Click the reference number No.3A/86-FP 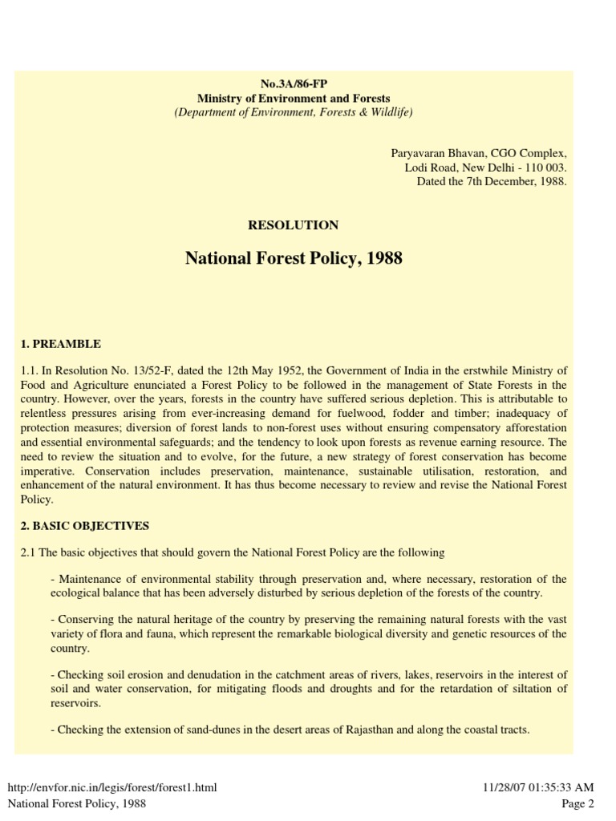[x=294, y=84]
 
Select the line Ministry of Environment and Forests [x=294, y=99]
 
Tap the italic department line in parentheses [x=294, y=112]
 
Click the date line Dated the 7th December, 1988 [x=492, y=181]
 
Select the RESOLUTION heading [x=294, y=225]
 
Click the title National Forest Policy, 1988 [x=294, y=259]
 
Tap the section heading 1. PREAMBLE [x=61, y=344]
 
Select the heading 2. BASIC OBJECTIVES [x=85, y=526]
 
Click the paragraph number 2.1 [x=28, y=552]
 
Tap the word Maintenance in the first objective [x=87, y=579]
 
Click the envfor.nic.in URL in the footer [x=112, y=787]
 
